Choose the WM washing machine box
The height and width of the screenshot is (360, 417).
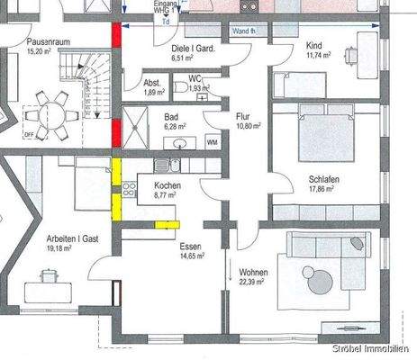(x=212, y=142)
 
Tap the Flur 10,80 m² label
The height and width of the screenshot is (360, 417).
(x=244, y=121)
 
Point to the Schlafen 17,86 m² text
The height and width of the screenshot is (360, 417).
(x=322, y=184)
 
